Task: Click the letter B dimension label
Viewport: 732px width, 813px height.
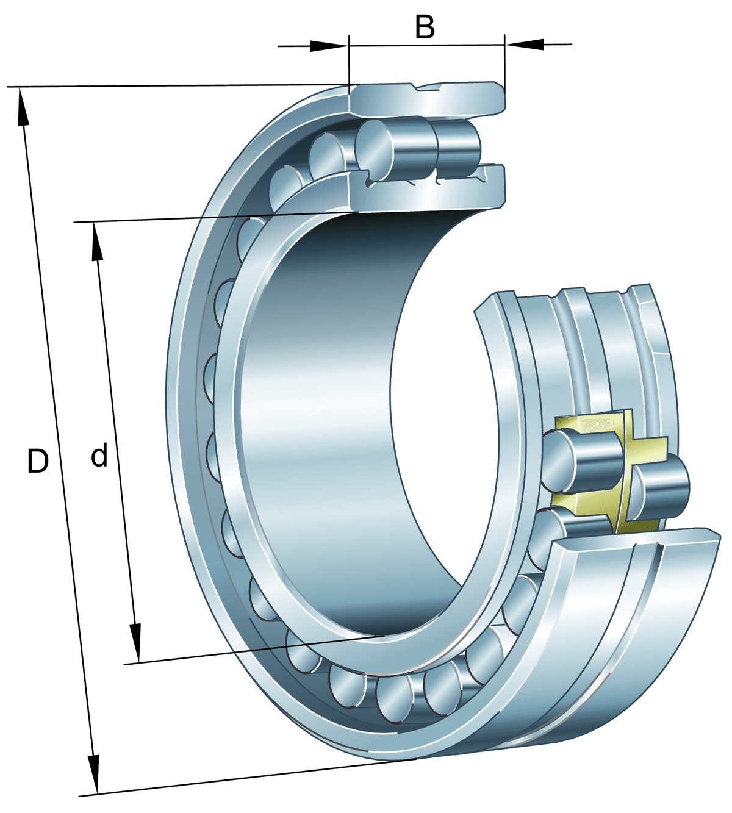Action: [425, 27]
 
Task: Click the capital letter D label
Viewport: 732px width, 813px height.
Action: [38, 462]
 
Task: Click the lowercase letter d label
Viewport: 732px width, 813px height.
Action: [99, 456]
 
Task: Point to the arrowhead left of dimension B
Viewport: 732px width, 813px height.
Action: [327, 46]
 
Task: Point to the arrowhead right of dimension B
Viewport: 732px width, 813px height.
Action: [526, 44]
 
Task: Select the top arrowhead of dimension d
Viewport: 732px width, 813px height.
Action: [96, 241]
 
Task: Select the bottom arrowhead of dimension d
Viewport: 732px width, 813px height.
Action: [135, 643]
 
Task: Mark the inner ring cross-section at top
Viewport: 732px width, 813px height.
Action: [427, 192]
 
